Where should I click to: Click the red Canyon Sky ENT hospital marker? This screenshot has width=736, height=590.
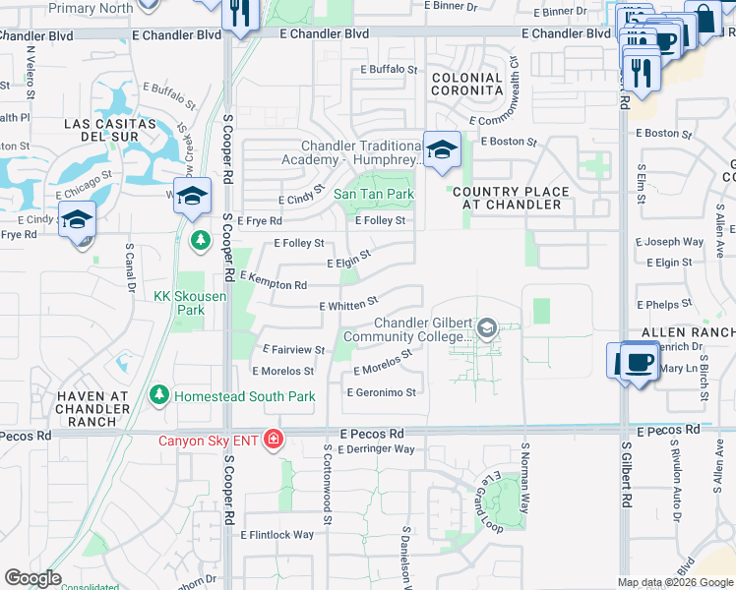273,440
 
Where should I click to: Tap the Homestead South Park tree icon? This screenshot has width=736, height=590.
158,396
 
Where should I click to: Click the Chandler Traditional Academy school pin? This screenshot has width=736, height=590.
442,149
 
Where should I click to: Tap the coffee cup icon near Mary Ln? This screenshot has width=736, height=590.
637,362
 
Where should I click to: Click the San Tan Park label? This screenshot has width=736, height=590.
374,195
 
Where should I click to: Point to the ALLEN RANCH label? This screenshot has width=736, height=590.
688,333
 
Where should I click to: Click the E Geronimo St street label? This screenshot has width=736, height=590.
382,392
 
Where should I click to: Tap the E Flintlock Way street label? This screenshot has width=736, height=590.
277,535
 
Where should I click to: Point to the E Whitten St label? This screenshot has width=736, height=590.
349,305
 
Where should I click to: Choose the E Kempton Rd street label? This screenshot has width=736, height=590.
273,282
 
